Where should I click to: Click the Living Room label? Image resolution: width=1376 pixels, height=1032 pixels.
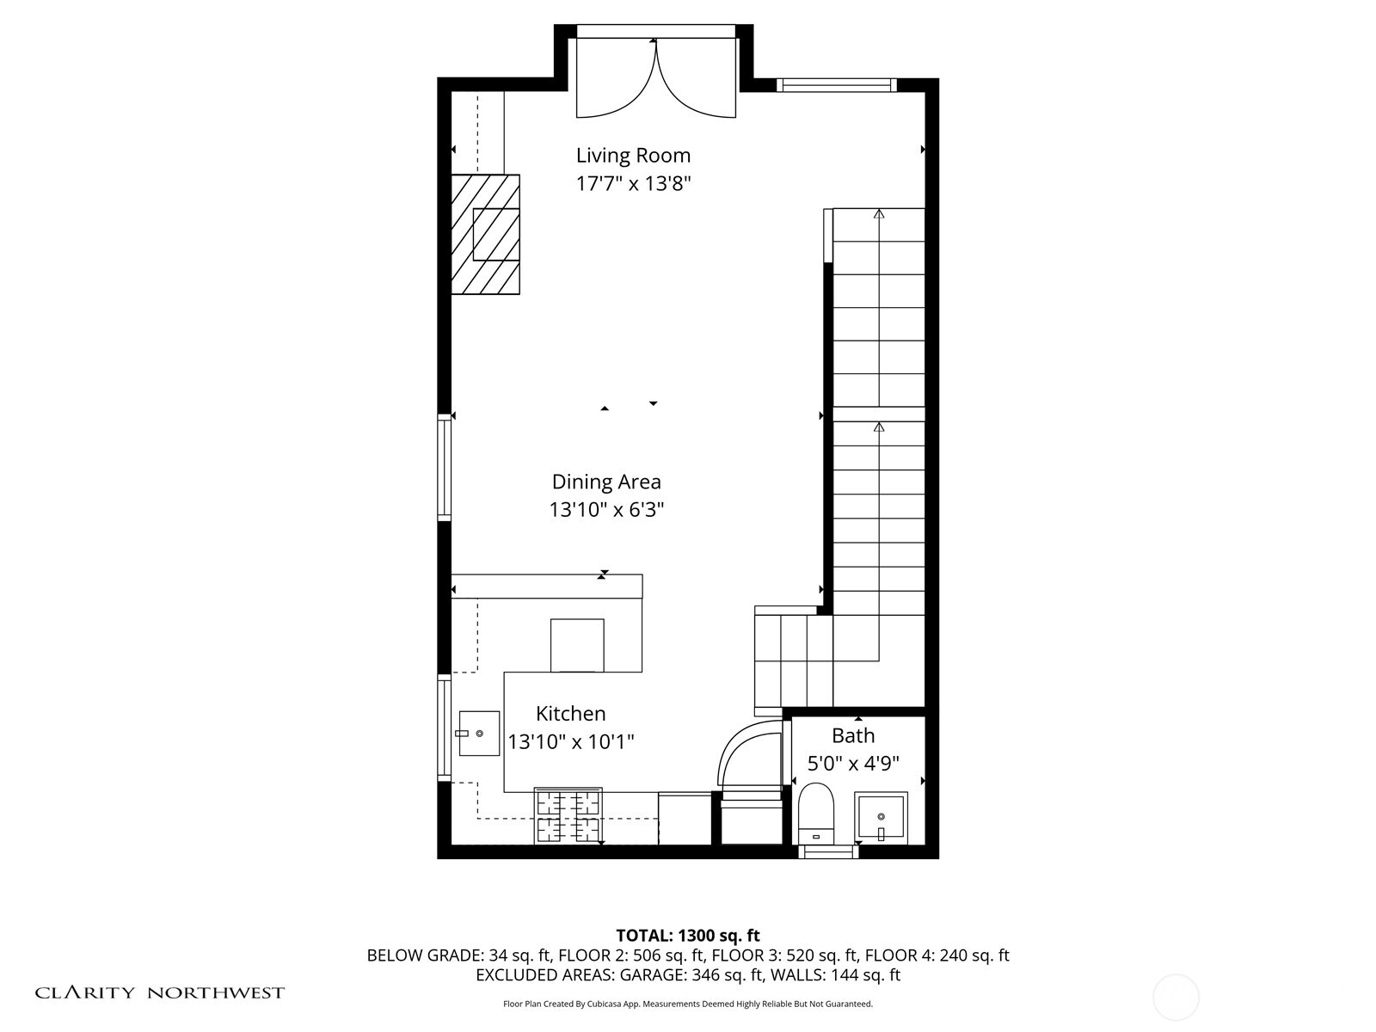(633, 156)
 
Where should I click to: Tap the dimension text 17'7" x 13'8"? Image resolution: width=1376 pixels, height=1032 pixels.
(633, 183)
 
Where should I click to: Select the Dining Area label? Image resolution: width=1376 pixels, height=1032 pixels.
(606, 482)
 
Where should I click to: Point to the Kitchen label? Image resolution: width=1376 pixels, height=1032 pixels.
(570, 713)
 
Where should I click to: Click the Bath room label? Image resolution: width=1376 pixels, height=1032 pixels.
(853, 735)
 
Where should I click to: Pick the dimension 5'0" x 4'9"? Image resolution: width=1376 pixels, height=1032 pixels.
(853, 763)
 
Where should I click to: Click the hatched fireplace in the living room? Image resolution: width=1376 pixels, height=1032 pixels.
(486, 234)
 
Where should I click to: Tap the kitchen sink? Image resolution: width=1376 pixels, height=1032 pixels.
(479, 733)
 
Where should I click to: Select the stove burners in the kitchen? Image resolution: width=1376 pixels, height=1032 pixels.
(568, 815)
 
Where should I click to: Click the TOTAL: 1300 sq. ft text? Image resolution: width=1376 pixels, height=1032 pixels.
(687, 935)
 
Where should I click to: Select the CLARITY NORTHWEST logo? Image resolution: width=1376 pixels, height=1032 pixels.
(159, 992)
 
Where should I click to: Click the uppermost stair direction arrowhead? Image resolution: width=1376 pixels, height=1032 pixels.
(878, 212)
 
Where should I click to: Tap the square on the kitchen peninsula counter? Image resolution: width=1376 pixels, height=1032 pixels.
(577, 644)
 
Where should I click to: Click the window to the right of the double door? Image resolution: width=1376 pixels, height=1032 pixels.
(836, 84)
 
